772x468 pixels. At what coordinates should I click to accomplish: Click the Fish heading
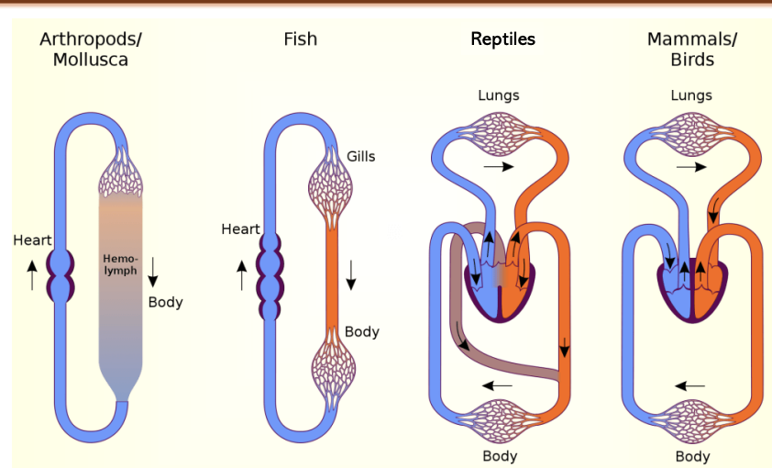coord(301,39)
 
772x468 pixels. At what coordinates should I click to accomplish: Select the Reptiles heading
coord(502,39)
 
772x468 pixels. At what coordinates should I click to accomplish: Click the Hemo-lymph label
coord(122,265)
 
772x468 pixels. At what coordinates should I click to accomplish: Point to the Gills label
coord(360,156)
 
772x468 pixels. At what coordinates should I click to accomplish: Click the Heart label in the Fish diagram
coord(240,228)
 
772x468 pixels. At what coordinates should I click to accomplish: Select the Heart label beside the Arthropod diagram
coord(32,240)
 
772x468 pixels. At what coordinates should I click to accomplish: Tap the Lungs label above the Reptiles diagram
coord(499,95)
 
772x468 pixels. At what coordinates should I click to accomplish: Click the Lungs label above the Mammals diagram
coord(691,95)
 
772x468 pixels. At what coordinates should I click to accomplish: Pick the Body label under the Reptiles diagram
coord(500,456)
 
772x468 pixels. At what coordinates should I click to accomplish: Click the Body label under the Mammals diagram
coord(692,456)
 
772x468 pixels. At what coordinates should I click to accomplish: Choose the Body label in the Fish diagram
coord(362,331)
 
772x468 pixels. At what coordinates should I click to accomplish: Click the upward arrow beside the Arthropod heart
coord(33,274)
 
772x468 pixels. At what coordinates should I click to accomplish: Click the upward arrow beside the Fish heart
coord(242,275)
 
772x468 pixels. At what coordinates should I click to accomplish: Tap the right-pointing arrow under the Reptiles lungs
coord(500,168)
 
